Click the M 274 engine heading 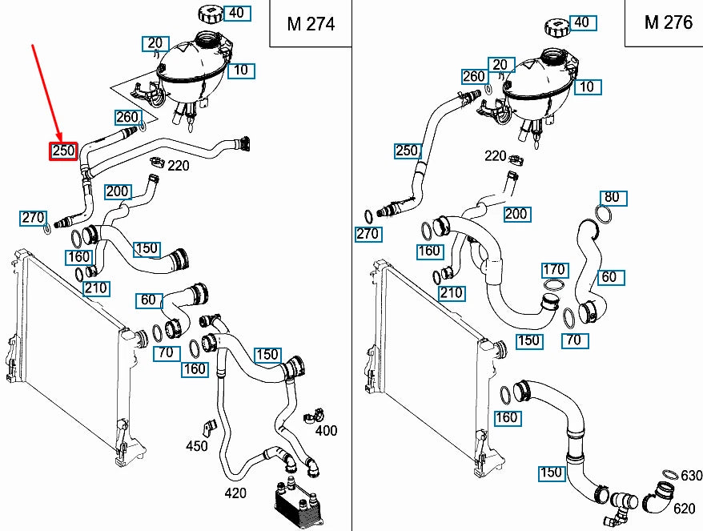[310, 23]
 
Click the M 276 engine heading [668, 22]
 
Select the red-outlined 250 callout [63, 151]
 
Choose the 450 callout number [197, 446]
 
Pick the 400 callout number [326, 431]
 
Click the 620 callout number [684, 508]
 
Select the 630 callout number [691, 477]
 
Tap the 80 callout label [612, 197]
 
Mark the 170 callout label [554, 270]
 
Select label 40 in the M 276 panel [582, 22]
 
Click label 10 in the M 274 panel [240, 70]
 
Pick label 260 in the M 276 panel [474, 77]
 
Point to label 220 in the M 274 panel [178, 166]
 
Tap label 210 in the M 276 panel [451, 293]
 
